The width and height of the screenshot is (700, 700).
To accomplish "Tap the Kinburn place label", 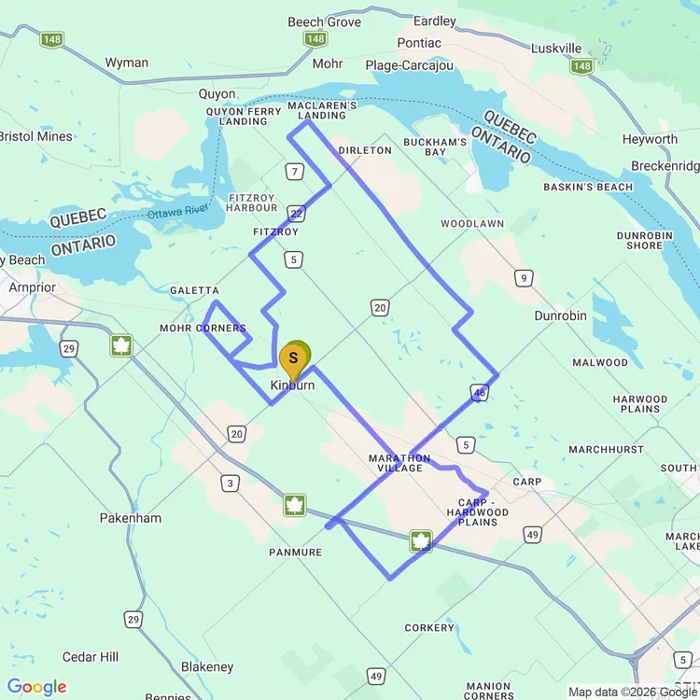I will [292, 385].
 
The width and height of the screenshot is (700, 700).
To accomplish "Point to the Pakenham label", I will [130, 518].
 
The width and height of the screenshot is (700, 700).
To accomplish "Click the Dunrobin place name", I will [560, 315].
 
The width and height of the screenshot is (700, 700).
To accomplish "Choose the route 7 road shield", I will [295, 171].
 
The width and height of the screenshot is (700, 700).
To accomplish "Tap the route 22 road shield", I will [296, 213].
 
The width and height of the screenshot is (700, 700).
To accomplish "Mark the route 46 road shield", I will [480, 393].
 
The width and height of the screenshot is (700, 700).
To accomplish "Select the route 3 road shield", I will [229, 483].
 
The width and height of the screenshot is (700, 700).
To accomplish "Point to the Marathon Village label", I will [399, 463].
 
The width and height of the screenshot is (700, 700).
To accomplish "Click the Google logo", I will [37, 687].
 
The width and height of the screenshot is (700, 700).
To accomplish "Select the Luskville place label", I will [555, 49].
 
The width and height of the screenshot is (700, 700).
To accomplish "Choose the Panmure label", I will [295, 553].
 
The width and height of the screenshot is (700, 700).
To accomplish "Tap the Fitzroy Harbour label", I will [251, 203].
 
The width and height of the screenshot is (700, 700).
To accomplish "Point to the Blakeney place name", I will [207, 666].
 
